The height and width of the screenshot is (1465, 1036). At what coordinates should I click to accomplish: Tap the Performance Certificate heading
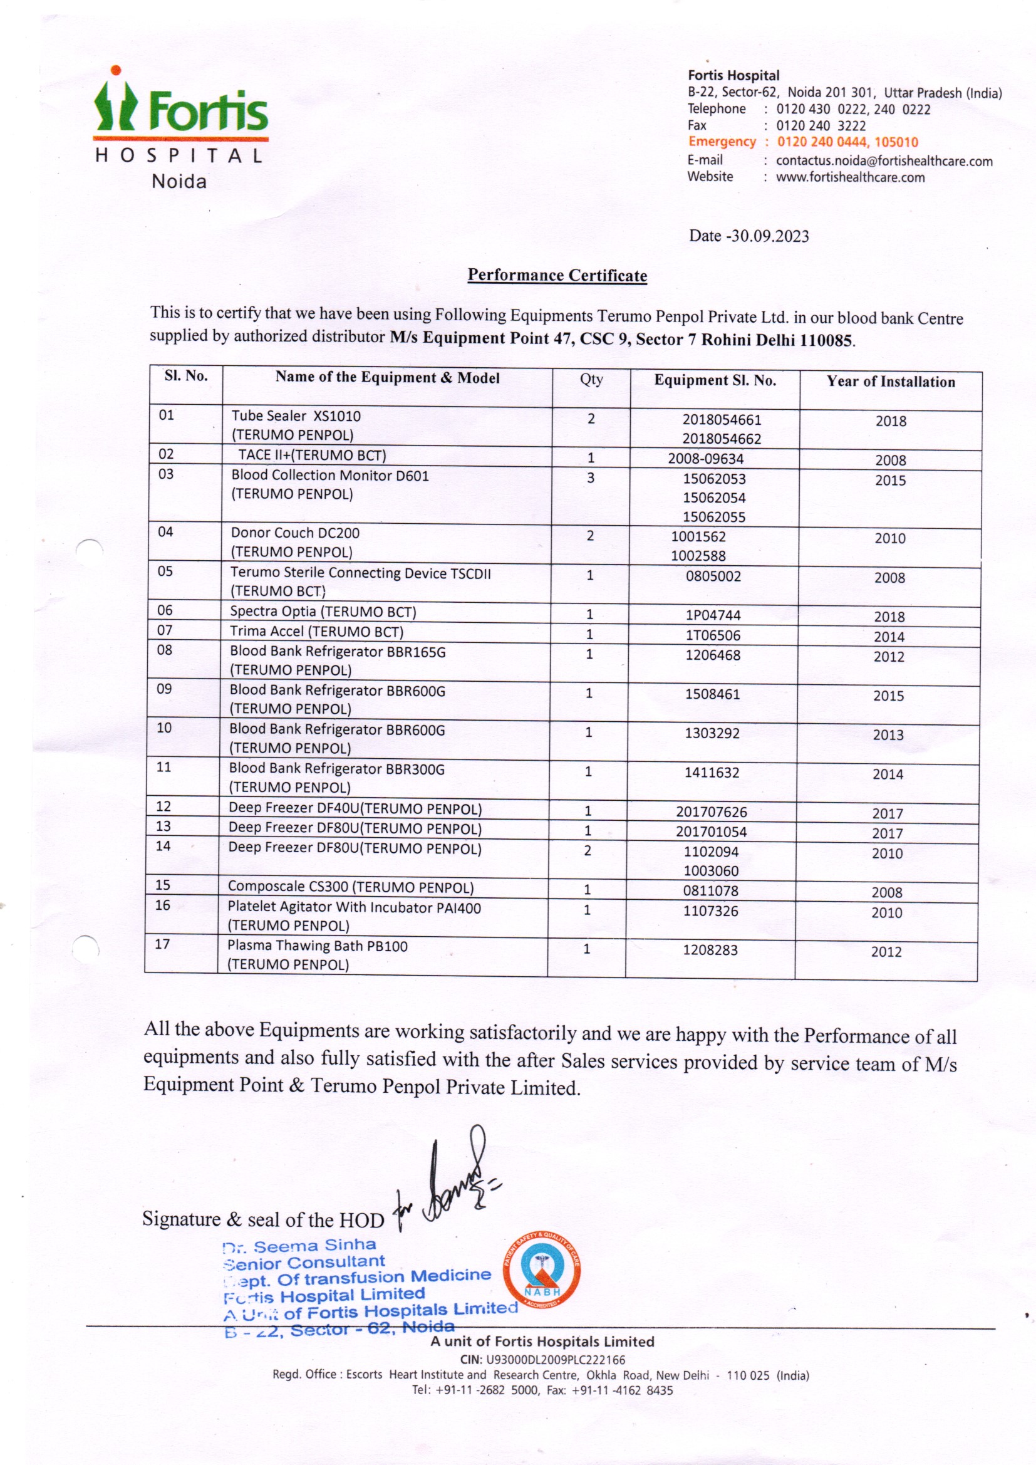(557, 275)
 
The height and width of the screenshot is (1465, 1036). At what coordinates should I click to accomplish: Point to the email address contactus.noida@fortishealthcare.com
(884, 161)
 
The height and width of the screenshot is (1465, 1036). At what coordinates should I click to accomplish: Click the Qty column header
(591, 379)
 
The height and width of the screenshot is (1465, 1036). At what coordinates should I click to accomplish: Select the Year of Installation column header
(891, 382)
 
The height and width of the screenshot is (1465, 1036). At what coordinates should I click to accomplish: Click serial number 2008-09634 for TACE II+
(705, 458)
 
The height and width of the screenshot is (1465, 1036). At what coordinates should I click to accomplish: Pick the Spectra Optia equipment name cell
(323, 612)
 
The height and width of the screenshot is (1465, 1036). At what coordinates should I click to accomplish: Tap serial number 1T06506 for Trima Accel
(713, 635)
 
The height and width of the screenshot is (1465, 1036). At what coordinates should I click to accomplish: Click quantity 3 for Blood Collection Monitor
(590, 477)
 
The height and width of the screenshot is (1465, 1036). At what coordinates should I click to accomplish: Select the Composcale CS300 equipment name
(350, 887)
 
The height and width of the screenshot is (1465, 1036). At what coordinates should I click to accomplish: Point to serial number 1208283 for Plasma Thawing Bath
(710, 949)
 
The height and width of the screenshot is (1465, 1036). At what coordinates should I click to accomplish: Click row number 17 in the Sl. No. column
(163, 944)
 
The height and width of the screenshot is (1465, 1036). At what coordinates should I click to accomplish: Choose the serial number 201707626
(712, 811)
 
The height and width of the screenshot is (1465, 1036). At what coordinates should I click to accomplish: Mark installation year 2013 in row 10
(888, 734)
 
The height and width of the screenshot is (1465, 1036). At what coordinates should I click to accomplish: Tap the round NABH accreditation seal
(542, 1269)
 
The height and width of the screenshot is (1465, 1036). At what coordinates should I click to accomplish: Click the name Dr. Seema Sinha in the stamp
(300, 1245)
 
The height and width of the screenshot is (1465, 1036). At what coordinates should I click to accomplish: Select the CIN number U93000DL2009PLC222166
(555, 1360)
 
